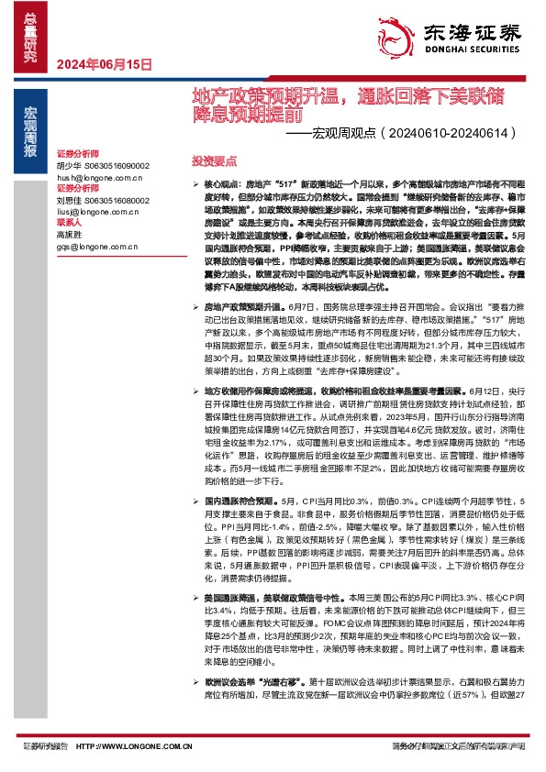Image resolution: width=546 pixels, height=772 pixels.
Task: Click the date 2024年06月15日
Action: click(x=104, y=64)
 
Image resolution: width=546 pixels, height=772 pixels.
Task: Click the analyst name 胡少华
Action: click(x=70, y=165)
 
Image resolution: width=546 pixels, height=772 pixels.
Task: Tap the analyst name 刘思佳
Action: click(x=70, y=202)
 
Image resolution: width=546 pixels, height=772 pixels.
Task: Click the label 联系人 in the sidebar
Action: click(x=70, y=223)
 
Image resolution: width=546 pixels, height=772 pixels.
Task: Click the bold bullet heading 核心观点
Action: click(x=221, y=184)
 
